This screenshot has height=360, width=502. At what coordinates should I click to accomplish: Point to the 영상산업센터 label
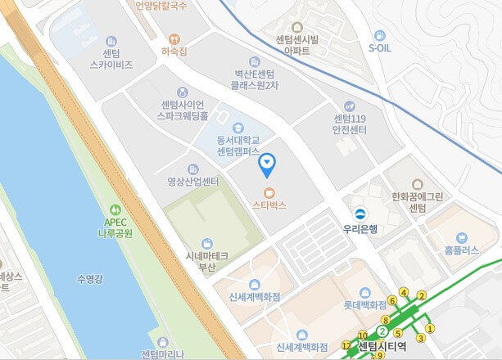click(192, 181)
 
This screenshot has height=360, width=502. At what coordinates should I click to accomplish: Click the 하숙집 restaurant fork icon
click(174, 38)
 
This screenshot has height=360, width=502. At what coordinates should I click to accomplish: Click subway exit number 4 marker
click(403, 292)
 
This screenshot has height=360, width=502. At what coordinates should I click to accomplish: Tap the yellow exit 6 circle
click(392, 301)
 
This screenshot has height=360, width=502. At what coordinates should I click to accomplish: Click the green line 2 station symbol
click(382, 331)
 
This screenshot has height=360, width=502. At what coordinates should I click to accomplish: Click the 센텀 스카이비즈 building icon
click(112, 41)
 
